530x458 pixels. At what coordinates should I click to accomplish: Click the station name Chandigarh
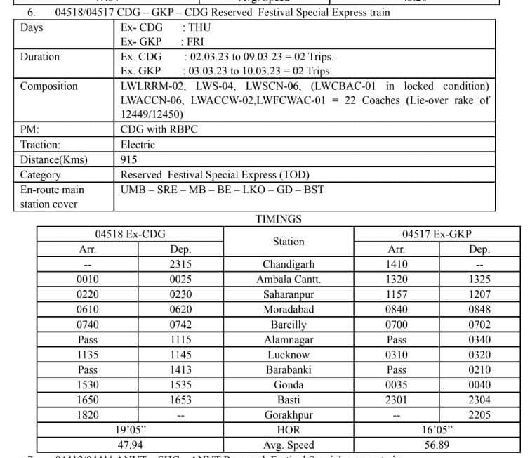tap(288, 265)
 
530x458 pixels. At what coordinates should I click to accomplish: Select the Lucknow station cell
tap(288, 355)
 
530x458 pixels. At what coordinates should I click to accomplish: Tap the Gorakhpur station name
tap(288, 415)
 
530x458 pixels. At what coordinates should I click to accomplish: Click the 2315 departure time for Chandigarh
tap(180, 265)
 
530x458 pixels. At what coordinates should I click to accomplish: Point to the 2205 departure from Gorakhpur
tap(479, 415)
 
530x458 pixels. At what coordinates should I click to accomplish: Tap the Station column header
tap(288, 242)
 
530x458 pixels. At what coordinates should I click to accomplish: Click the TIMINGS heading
tap(279, 218)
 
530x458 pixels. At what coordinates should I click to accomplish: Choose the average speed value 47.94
tap(131, 445)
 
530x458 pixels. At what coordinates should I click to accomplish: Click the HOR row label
tap(288, 430)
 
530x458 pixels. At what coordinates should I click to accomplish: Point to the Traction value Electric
tap(138, 145)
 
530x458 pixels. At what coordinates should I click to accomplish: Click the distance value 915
tap(129, 159)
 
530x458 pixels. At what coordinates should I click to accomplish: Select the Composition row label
tap(49, 86)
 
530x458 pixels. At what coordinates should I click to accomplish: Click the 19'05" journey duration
tap(131, 430)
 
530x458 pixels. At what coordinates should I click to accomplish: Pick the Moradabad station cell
tap(288, 310)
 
